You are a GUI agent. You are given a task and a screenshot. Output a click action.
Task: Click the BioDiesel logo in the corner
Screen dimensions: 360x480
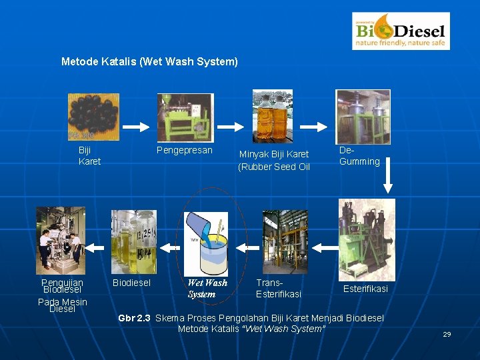pos(400,31)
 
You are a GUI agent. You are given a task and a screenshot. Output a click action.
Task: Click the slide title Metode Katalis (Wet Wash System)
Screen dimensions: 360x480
pos(149,62)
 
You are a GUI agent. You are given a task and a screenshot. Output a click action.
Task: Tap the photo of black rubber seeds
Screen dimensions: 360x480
pos(93,117)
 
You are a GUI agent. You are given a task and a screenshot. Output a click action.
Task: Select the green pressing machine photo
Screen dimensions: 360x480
pos(185,117)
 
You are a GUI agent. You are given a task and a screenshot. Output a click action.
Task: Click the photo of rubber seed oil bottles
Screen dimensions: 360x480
pos(272,117)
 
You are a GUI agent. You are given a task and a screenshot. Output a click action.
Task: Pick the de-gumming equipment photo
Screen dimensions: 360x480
pos(363,117)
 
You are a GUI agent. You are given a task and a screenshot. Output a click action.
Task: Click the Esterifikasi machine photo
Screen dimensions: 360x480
pos(366,239)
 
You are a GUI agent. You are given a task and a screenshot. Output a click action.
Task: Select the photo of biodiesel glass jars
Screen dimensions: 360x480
pos(133,242)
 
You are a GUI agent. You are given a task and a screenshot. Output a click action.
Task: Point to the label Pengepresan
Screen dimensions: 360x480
pos(184,151)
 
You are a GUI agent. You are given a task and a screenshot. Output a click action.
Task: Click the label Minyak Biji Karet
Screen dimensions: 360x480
pos(274,154)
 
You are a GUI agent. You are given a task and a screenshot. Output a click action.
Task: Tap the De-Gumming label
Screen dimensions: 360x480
pos(359,156)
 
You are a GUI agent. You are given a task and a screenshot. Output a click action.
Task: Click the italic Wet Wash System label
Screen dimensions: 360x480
pos(207,288)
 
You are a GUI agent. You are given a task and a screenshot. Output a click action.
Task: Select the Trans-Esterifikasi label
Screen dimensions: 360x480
pos(278,288)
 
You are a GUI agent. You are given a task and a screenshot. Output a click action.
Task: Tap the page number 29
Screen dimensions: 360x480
pos(447,334)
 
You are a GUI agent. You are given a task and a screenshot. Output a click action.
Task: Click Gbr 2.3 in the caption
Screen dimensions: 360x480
pos(134,318)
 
